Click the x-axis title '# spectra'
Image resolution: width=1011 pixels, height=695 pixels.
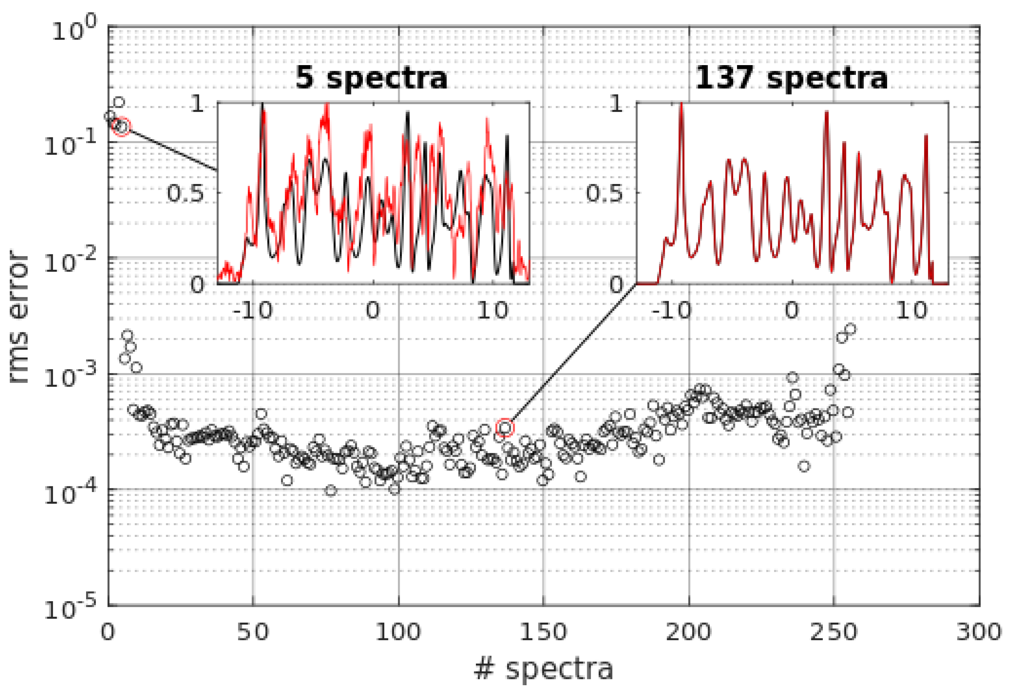click(x=543, y=668)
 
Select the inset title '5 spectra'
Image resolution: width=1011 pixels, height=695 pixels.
click(x=371, y=78)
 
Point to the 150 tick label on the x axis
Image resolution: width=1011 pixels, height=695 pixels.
click(x=543, y=631)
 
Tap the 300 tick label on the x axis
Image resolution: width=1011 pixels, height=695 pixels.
click(x=979, y=631)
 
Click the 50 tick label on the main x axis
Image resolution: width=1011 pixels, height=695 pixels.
click(x=253, y=631)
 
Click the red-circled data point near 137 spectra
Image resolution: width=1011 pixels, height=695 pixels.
click(x=505, y=428)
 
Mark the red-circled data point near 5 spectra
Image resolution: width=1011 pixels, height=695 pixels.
click(x=121, y=126)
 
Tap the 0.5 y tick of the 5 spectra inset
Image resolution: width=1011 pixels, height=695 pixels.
click(x=185, y=193)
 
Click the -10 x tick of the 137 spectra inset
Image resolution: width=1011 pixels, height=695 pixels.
click(x=672, y=310)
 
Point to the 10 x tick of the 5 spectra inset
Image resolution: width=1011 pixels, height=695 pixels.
click(x=492, y=310)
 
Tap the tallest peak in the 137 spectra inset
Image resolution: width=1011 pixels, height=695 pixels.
click(x=681, y=105)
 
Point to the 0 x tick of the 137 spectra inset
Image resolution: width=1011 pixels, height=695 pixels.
click(x=792, y=310)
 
